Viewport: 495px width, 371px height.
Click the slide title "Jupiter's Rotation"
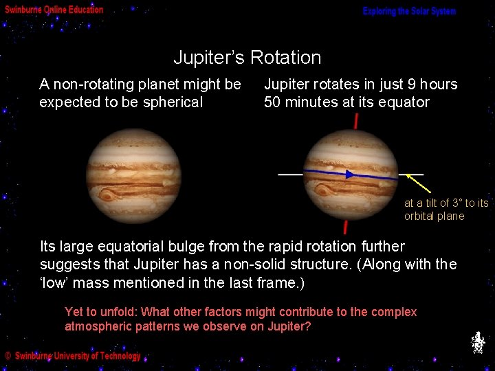[x=247, y=58]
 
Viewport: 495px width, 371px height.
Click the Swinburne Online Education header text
[x=54, y=10]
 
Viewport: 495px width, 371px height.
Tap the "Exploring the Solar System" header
[x=409, y=12]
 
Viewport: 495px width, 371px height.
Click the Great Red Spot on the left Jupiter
[x=108, y=195]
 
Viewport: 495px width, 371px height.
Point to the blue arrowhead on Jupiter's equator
[x=350, y=175]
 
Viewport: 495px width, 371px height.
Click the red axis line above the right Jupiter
[x=355, y=122]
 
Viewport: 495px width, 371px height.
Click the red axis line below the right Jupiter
[x=345, y=227]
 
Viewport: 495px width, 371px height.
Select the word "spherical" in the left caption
[x=174, y=102]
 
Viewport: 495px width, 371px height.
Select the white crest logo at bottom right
[x=478, y=342]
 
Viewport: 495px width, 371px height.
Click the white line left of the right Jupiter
[x=290, y=175]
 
